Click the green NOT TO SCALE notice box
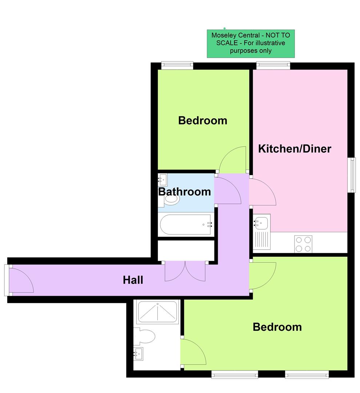coord(251,44)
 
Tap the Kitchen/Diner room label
coord(295,149)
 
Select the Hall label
coord(133,280)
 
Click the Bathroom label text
coord(184,192)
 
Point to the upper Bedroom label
coord(203,120)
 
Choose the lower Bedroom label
coord(277,327)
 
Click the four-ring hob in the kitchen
coord(303,244)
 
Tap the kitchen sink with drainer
coord(261,231)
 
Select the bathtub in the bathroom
coord(185,225)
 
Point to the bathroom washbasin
coord(163,179)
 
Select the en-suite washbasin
coord(139,353)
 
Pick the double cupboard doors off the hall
coord(185,271)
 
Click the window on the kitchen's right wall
coord(351,175)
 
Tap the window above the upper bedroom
coord(177,65)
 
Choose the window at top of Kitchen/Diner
coord(273,65)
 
